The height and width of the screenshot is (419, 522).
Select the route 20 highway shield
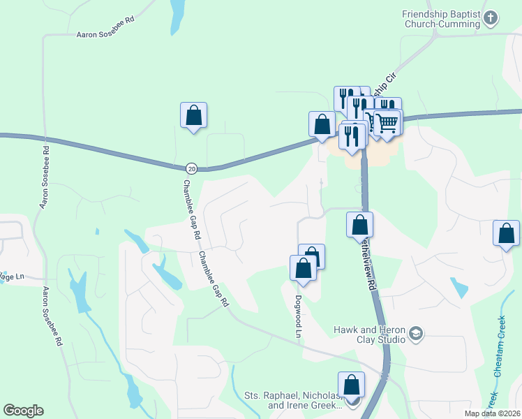[x=192, y=168]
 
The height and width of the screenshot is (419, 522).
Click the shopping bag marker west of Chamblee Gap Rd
[x=193, y=115]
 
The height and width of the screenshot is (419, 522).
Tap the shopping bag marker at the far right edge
[x=506, y=234]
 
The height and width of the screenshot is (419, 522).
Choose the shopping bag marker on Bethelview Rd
[x=359, y=225]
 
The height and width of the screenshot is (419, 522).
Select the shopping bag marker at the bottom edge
[x=351, y=385]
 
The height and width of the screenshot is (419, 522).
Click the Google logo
[x=23, y=411]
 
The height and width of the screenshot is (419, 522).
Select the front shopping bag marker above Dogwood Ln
[x=303, y=268]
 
